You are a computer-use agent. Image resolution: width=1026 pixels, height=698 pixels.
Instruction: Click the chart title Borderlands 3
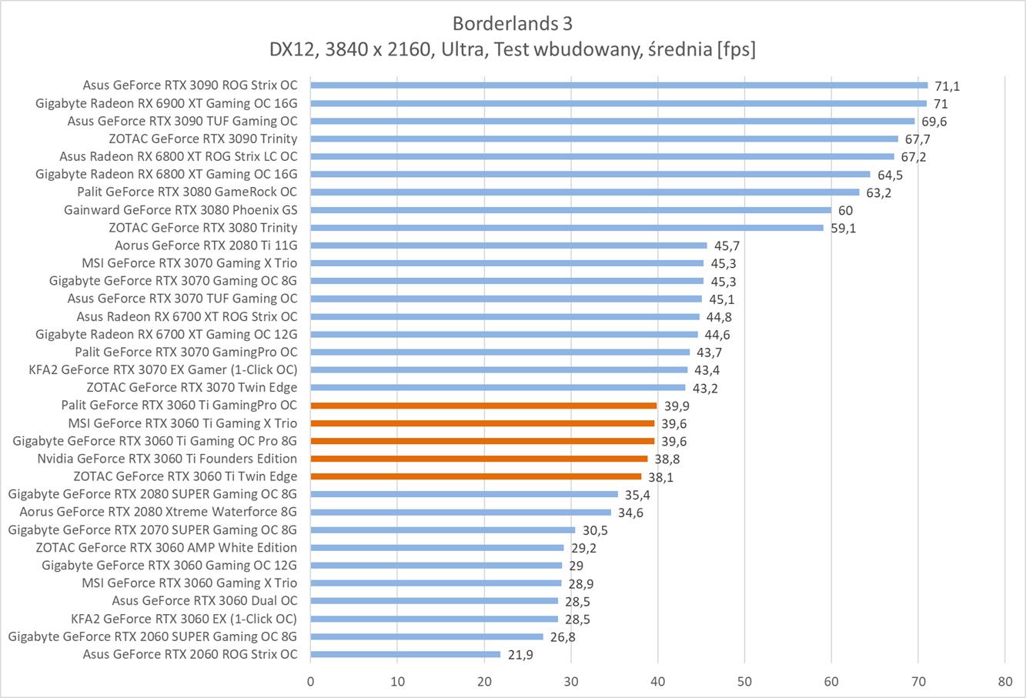click(x=513, y=22)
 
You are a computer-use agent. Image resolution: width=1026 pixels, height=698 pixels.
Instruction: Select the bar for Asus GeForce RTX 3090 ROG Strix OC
click(x=619, y=85)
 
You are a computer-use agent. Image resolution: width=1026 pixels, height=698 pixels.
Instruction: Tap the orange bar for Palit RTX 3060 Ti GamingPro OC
click(x=483, y=406)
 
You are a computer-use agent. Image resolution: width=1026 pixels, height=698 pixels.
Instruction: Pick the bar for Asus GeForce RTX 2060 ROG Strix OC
click(x=405, y=654)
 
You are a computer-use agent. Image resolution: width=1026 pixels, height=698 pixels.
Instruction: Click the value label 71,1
click(x=947, y=86)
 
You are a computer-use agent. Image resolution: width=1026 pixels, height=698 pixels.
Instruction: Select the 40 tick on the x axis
click(x=657, y=681)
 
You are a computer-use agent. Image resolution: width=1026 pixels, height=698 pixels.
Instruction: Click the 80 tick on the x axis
click(x=1004, y=681)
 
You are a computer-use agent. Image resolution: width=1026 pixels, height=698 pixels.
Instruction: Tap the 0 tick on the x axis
click(x=310, y=681)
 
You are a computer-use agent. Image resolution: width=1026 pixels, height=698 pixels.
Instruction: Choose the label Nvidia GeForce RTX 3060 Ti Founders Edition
click(x=167, y=459)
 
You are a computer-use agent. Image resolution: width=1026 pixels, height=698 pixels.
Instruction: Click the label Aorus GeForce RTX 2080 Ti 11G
click(x=206, y=245)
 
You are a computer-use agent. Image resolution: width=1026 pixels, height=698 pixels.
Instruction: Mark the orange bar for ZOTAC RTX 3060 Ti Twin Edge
click(x=476, y=476)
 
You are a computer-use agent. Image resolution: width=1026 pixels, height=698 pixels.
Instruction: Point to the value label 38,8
click(x=667, y=459)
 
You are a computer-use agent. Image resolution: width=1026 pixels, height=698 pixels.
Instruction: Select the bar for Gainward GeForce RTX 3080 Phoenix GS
click(x=570, y=210)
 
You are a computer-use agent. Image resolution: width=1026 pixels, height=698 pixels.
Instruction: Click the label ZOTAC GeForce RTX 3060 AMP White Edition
click(x=166, y=547)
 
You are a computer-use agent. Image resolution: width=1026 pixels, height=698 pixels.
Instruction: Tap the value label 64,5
click(x=890, y=175)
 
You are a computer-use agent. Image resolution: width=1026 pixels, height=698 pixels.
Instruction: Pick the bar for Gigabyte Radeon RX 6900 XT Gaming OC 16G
click(x=618, y=103)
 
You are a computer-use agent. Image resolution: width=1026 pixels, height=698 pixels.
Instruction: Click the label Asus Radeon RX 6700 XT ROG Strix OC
click(x=187, y=316)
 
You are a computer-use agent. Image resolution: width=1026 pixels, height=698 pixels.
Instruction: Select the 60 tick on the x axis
click(x=831, y=681)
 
